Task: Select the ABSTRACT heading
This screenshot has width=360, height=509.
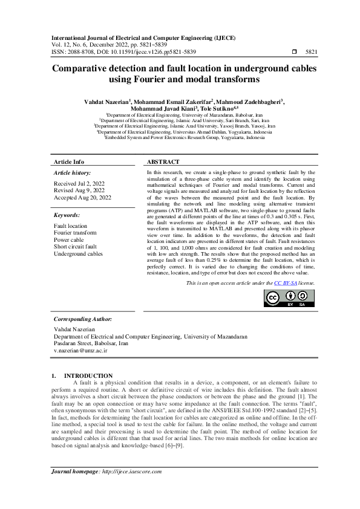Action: [163, 162]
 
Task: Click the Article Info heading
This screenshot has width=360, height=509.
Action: [69, 162]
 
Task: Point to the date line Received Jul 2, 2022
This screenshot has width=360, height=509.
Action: [79, 183]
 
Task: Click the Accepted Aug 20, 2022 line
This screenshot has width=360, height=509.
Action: [83, 198]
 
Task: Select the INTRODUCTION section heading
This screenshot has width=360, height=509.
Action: [88, 375]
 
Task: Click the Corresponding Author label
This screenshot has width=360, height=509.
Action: [82, 319]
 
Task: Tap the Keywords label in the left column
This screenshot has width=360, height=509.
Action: [67, 215]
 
